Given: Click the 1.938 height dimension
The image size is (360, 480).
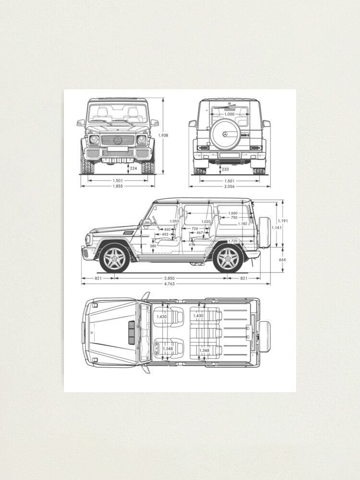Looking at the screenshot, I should pyautogui.click(x=164, y=136).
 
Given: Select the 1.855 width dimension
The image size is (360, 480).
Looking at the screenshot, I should pyautogui.click(x=117, y=186).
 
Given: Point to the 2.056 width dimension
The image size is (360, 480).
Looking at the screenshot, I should pyautogui.click(x=229, y=186).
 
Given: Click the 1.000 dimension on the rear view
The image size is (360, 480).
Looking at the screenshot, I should pyautogui.click(x=229, y=114).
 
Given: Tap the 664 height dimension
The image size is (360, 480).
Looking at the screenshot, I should pyautogui.click(x=282, y=260).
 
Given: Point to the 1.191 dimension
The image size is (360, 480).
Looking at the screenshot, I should pyautogui.click(x=283, y=221).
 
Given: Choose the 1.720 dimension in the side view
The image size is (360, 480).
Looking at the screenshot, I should pyautogui.click(x=233, y=240).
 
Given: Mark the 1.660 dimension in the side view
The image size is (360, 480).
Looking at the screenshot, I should pyautogui.click(x=233, y=213).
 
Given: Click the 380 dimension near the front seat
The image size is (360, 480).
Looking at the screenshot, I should pyautogui.click(x=153, y=246).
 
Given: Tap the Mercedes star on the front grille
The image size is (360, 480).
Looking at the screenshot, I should pyautogui.click(x=118, y=140).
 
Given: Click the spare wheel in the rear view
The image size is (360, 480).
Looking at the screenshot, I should pyautogui.click(x=225, y=133).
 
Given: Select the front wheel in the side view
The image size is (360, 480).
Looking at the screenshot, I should pyautogui.click(x=114, y=259).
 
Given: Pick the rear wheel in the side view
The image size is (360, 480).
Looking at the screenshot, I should pyautogui.click(x=228, y=259).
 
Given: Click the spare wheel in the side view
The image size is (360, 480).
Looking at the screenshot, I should pyautogui.click(x=264, y=232).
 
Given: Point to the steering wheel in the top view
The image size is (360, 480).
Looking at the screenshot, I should pyautogui.click(x=159, y=348).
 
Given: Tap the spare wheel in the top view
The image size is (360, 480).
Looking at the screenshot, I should pyautogui.click(x=264, y=333).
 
